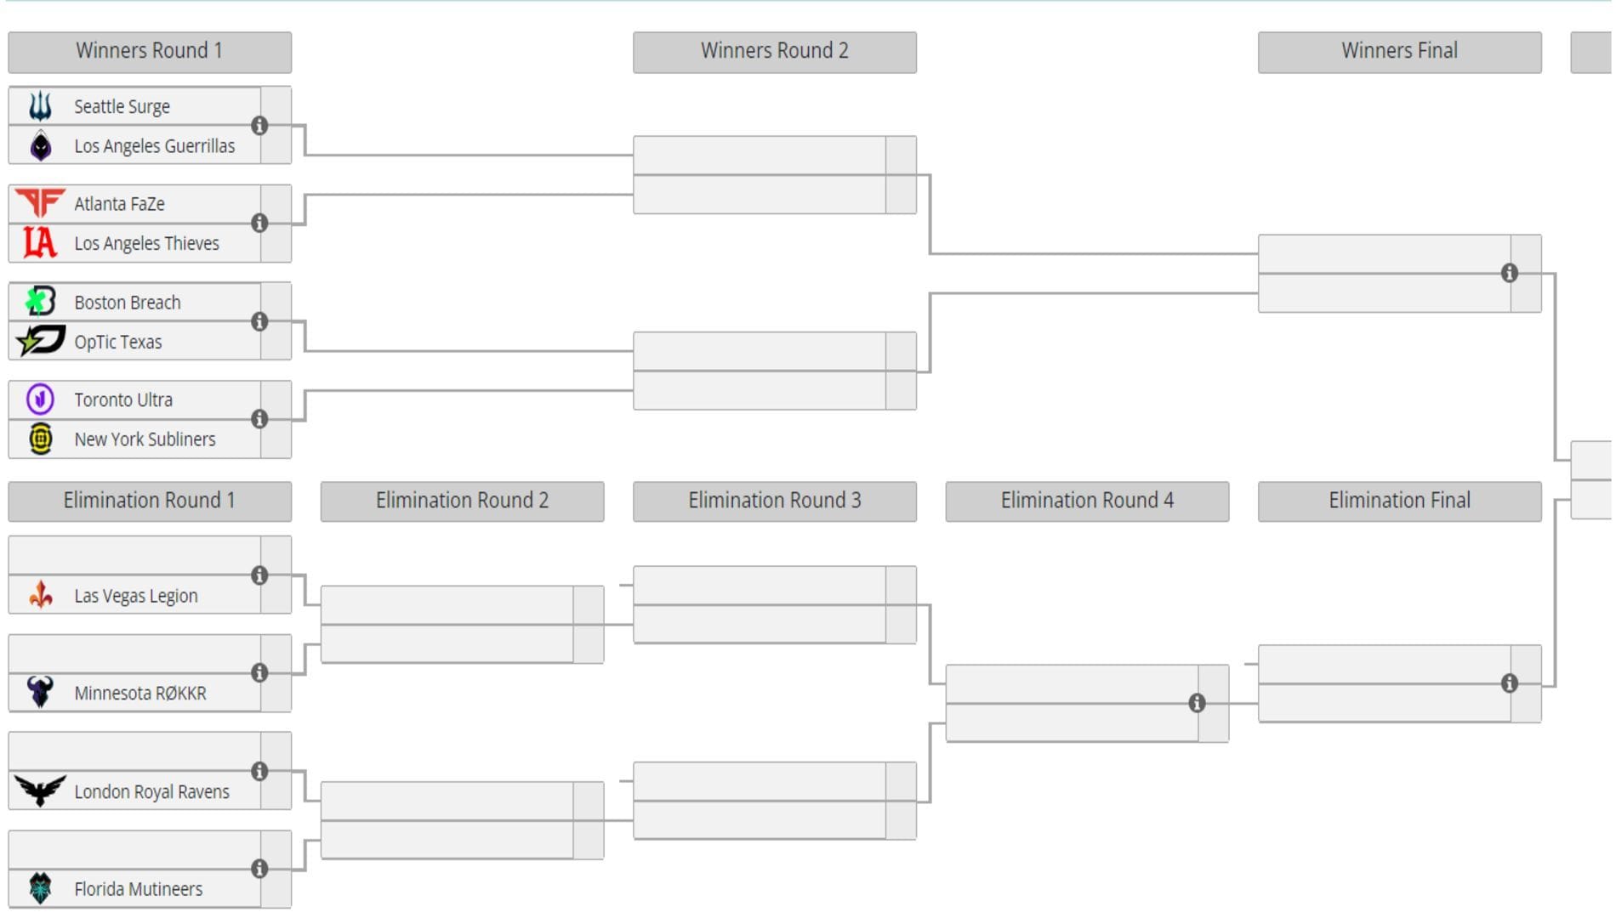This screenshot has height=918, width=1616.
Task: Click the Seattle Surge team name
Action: (x=122, y=106)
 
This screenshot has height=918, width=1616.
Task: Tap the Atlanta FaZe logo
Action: (x=40, y=203)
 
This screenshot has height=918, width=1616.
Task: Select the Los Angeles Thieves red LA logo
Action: (x=40, y=243)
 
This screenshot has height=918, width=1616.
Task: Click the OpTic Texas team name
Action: (x=117, y=342)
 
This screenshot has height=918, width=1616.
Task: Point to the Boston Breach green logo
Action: (x=40, y=302)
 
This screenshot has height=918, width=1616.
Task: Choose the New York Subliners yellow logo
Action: (x=40, y=439)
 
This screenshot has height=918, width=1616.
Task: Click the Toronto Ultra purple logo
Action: (x=40, y=399)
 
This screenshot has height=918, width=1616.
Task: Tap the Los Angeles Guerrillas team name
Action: (x=154, y=146)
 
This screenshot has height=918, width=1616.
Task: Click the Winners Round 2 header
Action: (x=774, y=51)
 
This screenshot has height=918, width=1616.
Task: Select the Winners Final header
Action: (x=1399, y=51)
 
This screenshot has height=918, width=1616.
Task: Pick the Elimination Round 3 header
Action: (x=774, y=501)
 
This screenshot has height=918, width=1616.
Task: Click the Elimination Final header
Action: (x=1399, y=501)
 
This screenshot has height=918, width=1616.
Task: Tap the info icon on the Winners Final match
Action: (x=1509, y=273)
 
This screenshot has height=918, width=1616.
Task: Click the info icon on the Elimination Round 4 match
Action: (x=1197, y=703)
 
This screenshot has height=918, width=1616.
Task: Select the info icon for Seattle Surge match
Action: (x=259, y=126)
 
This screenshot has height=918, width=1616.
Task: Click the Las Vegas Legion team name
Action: (x=135, y=596)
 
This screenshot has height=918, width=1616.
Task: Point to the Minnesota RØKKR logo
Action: (x=40, y=692)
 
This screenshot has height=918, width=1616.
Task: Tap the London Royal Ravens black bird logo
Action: (x=40, y=790)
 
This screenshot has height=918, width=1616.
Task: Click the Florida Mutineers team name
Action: (x=138, y=889)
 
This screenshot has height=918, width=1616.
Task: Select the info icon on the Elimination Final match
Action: (x=1509, y=683)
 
